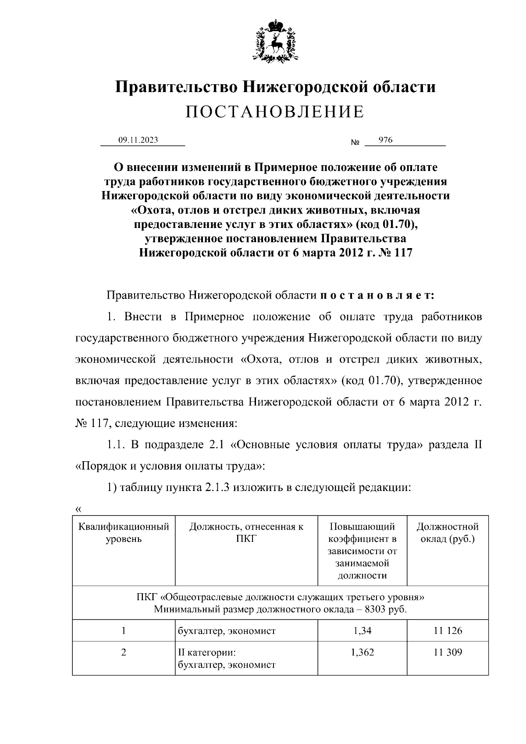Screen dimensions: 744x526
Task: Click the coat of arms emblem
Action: point(275,40)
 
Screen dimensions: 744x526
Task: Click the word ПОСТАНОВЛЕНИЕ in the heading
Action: point(275,112)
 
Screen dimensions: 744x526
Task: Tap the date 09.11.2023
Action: point(138,140)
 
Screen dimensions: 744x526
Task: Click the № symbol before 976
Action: point(355,143)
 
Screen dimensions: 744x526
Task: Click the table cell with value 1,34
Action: point(362,630)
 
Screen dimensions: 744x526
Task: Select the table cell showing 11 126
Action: point(448,630)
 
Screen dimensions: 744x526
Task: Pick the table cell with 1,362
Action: point(362,652)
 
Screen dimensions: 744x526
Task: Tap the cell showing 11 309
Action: point(448,652)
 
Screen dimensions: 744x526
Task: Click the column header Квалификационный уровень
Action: point(124,533)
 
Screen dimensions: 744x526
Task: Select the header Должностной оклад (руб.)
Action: point(448,533)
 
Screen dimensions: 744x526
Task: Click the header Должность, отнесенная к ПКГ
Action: point(246,533)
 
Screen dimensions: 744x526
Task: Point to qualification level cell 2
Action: point(124,652)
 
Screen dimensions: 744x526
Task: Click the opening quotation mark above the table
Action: point(78,509)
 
